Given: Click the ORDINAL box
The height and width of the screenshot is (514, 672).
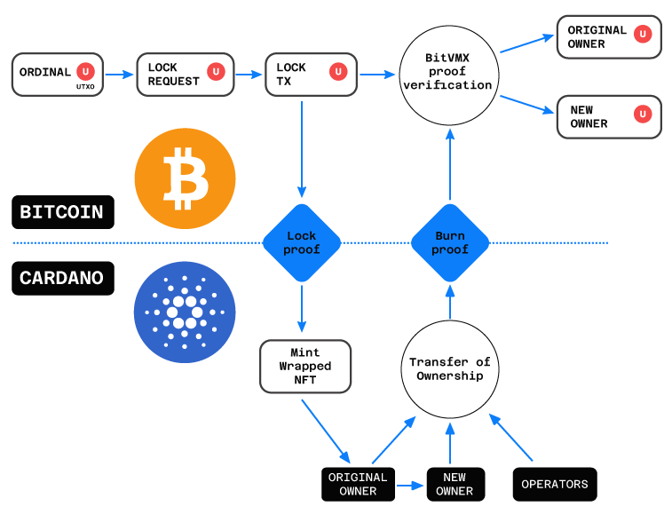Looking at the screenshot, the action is pyautogui.click(x=58, y=75).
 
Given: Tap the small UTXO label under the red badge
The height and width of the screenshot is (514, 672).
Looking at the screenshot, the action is pyautogui.click(x=85, y=87).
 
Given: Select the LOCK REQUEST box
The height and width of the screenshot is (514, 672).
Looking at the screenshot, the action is pyautogui.click(x=186, y=75).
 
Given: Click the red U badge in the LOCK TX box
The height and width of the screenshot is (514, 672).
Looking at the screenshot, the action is pyautogui.click(x=338, y=72).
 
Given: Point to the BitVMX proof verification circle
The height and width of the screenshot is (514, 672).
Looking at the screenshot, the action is pyautogui.click(x=449, y=75).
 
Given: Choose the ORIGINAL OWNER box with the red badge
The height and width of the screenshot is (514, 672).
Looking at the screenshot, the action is pyautogui.click(x=609, y=37).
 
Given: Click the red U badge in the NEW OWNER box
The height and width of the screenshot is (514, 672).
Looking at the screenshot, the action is pyautogui.click(x=643, y=114).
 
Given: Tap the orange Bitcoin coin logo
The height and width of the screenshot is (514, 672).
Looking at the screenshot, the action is pyautogui.click(x=186, y=178).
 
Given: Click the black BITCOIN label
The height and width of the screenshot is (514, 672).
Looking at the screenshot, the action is pyautogui.click(x=63, y=212).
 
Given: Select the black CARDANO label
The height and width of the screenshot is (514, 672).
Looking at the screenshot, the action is pyautogui.click(x=63, y=278).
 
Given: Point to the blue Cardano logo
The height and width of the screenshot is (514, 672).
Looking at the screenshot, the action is pyautogui.click(x=185, y=312).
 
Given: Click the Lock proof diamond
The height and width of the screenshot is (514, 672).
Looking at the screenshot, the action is pyautogui.click(x=302, y=242).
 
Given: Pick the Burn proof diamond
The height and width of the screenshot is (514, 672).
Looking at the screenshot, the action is pyautogui.click(x=450, y=242).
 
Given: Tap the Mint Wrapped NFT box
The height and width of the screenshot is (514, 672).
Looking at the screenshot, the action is pyautogui.click(x=305, y=367).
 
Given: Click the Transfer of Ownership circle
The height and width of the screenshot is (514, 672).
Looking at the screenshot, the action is pyautogui.click(x=450, y=369).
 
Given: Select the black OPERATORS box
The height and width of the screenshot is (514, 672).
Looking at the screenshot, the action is pyautogui.click(x=555, y=485).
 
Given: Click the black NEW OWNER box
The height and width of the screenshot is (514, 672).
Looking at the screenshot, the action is pyautogui.click(x=455, y=485).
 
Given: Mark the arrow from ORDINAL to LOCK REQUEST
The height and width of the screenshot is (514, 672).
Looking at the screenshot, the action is pyautogui.click(x=120, y=75).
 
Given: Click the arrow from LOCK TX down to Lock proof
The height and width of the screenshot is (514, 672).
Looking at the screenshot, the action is pyautogui.click(x=302, y=149).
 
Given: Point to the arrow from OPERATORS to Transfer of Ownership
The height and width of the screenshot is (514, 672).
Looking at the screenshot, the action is pyautogui.click(x=510, y=438).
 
